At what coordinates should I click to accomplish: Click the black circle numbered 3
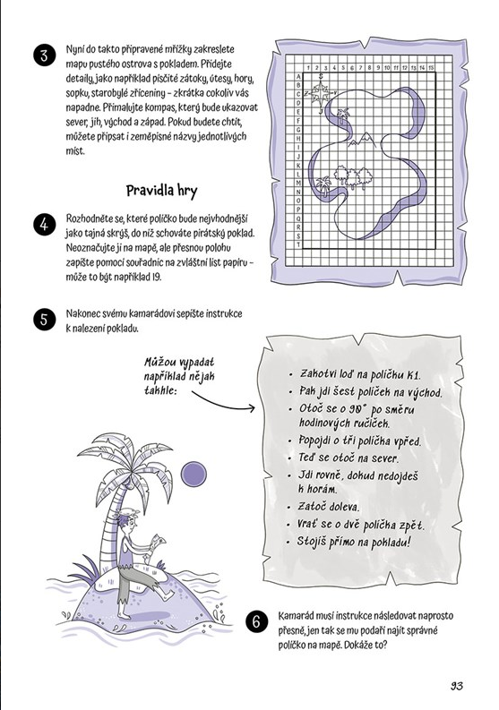pos(45,56)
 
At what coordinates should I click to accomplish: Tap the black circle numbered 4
pos(45,225)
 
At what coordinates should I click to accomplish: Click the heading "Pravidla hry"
pos(162,191)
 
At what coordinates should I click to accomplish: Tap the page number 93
pos(455,686)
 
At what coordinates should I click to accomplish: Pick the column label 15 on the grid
pos(432,67)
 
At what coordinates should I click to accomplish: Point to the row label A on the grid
pos(298,76)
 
